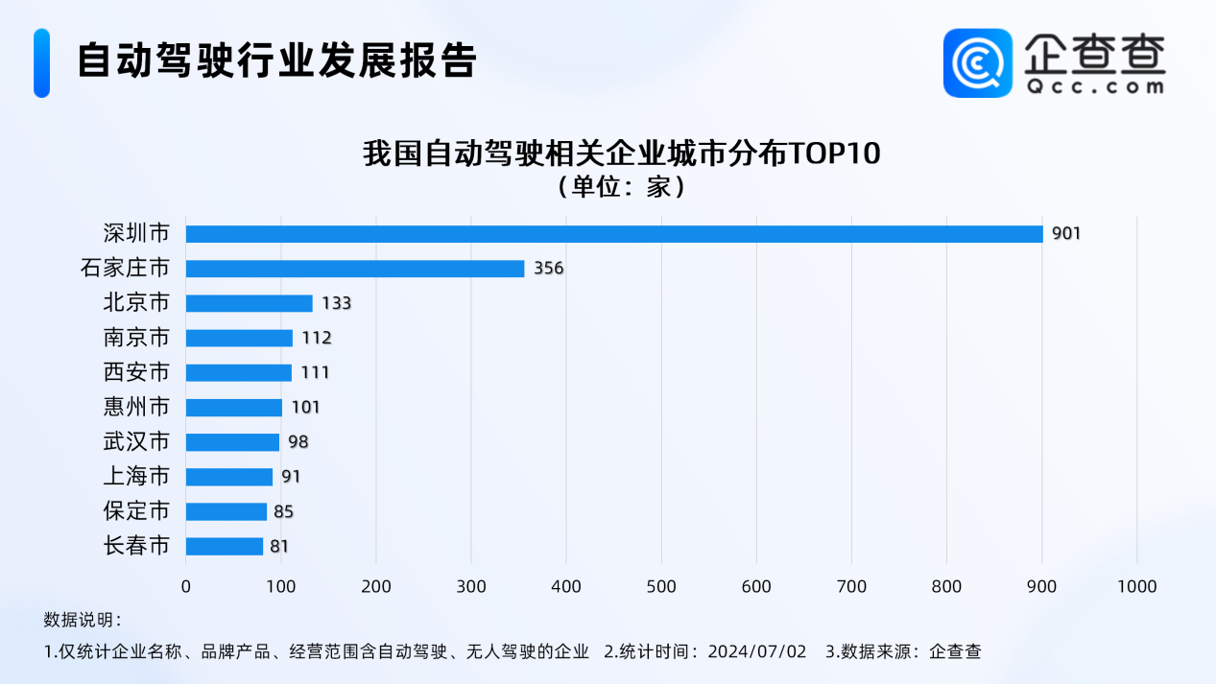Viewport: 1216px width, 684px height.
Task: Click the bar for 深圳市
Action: click(614, 234)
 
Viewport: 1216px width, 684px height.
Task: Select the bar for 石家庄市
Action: click(355, 269)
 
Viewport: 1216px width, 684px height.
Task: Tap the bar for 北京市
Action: click(250, 303)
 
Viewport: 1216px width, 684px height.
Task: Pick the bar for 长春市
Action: click(225, 546)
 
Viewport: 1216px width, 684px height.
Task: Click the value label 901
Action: click(1065, 234)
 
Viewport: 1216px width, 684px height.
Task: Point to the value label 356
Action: click(548, 269)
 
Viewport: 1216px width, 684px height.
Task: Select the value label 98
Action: click(298, 442)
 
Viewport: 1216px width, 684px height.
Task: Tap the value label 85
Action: click(283, 511)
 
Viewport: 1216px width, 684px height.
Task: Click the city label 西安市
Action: click(136, 372)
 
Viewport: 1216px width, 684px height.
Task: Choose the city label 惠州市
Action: click(136, 407)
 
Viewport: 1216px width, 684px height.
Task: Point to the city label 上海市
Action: click(136, 477)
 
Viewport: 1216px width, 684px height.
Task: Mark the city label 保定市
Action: click(136, 511)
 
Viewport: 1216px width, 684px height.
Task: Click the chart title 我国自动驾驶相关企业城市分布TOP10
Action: click(621, 153)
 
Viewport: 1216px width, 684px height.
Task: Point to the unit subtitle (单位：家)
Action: click(621, 186)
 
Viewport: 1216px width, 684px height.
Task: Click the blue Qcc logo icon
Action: click(977, 62)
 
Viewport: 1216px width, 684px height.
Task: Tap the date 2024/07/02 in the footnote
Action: click(757, 651)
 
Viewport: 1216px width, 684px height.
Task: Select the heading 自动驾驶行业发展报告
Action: click(276, 60)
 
